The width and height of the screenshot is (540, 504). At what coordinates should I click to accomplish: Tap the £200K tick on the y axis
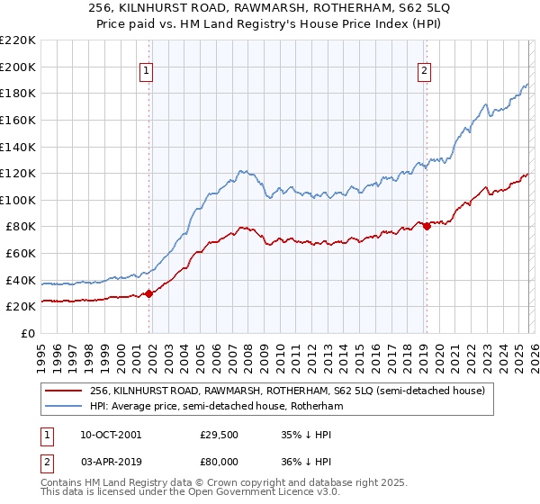point(19,67)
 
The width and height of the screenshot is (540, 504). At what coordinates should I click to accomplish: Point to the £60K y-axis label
point(22,254)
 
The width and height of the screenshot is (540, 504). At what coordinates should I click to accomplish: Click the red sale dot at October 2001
point(148,293)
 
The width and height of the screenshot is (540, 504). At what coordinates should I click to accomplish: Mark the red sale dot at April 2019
point(427,226)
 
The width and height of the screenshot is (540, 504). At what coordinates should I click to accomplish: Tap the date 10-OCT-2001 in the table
point(110,435)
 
